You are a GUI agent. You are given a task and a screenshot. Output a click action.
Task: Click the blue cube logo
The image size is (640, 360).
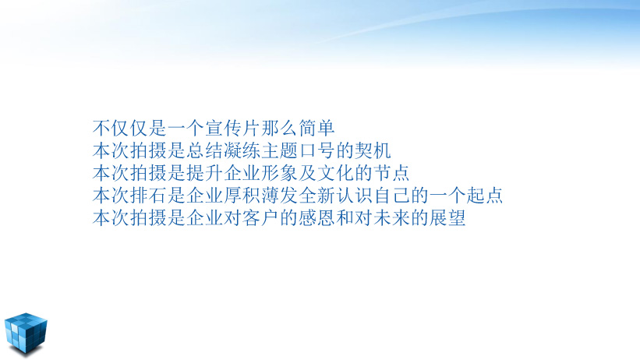coord(26,333)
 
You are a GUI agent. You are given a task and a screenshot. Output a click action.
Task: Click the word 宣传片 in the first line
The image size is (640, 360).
coord(232,128)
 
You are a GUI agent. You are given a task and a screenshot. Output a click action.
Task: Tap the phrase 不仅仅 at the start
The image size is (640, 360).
coord(120,128)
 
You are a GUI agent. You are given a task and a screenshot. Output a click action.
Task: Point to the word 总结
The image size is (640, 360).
coord(204,150)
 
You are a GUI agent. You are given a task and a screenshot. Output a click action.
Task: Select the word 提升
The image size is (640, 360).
coord(204,173)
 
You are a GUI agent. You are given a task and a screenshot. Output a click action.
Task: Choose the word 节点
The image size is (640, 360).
coord(391,173)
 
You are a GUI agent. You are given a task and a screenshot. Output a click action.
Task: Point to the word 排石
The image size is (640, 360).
coord(148,196)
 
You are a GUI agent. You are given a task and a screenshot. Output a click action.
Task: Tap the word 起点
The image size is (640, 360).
coord(485,196)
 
